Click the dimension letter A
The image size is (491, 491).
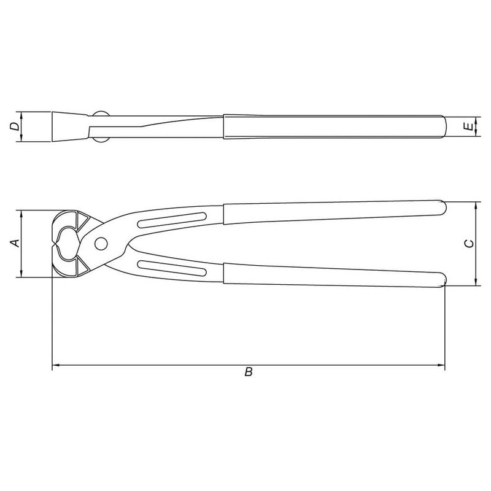click(x=16, y=243)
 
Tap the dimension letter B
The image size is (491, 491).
click(x=249, y=372)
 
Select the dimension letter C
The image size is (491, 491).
click(x=469, y=244)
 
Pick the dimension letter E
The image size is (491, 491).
click(x=469, y=127)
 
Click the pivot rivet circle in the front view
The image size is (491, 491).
click(x=101, y=244)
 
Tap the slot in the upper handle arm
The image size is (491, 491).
click(x=172, y=220)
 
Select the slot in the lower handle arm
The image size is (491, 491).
click(x=172, y=268)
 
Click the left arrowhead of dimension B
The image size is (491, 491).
click(x=55, y=365)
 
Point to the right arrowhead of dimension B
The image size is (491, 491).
click(x=441, y=365)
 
